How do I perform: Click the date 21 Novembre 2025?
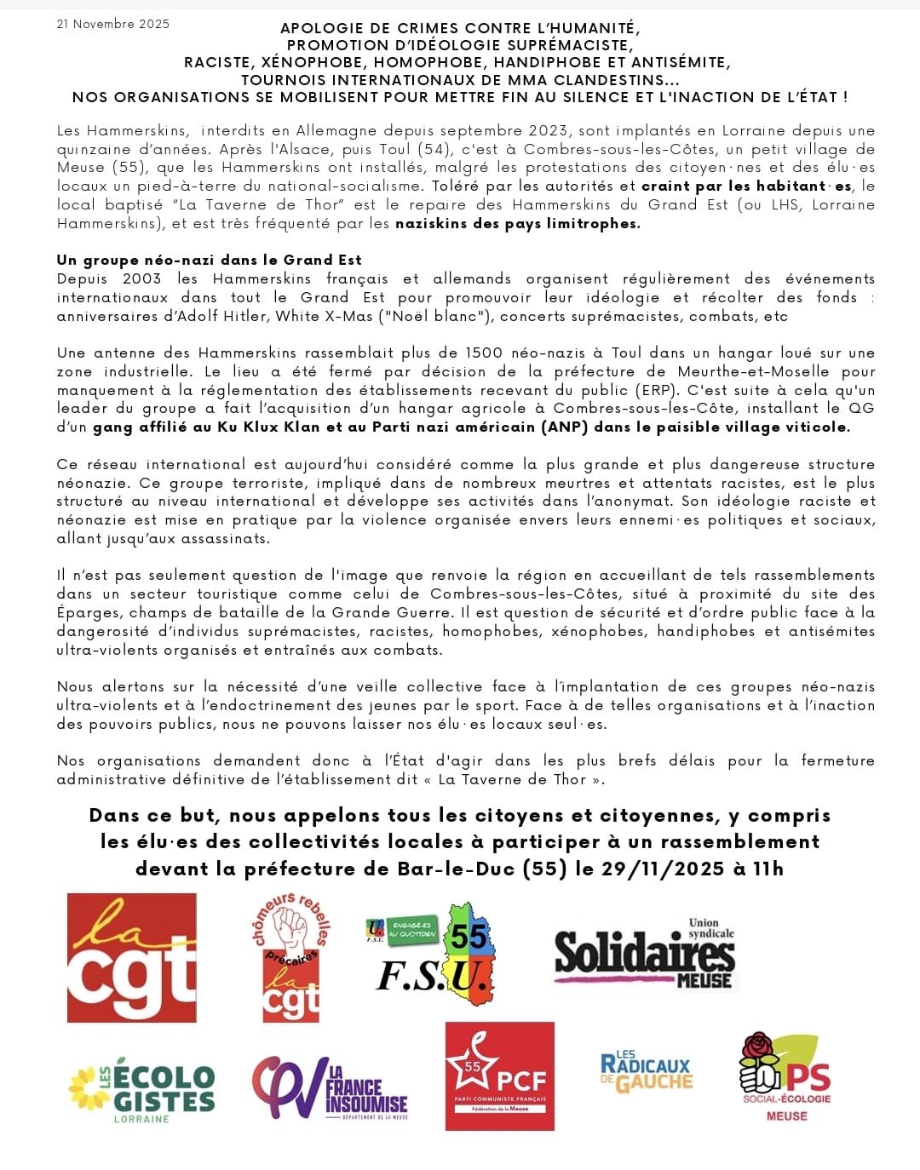[113, 24]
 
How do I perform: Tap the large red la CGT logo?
[132, 957]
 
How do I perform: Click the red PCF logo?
[500, 1076]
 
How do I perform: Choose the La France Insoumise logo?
[331, 1087]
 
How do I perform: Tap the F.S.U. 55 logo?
[434, 954]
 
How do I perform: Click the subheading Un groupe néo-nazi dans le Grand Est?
[210, 260]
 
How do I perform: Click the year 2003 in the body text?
[141, 278]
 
